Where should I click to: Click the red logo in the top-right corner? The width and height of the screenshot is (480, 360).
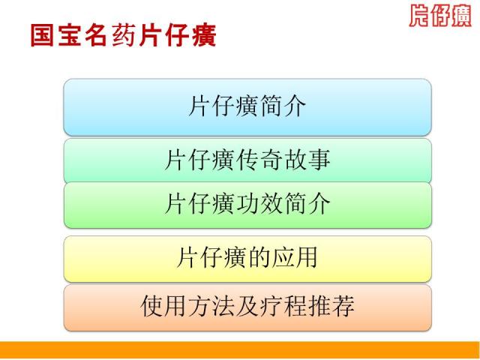click(x=440, y=15)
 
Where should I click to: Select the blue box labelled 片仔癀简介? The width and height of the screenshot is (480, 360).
click(x=247, y=107)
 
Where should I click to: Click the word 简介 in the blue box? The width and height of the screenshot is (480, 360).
click(x=283, y=106)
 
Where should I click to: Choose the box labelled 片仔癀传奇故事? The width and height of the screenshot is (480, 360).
click(x=247, y=160)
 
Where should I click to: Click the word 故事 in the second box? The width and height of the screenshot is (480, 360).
click(x=307, y=160)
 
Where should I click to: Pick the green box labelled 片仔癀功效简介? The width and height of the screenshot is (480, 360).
click(x=247, y=205)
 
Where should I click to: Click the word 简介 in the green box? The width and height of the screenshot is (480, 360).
click(x=307, y=203)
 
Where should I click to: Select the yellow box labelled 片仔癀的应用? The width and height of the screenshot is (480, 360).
click(x=247, y=259)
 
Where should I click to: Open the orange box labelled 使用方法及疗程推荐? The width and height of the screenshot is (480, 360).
click(x=247, y=307)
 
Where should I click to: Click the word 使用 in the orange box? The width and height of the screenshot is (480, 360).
click(x=163, y=306)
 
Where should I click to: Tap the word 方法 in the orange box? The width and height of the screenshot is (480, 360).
click(x=211, y=306)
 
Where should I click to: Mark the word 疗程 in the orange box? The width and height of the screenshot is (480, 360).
click(x=283, y=306)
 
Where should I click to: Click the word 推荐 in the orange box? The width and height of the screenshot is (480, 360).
click(x=331, y=306)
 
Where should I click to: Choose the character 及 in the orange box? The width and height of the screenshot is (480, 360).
click(x=247, y=306)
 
